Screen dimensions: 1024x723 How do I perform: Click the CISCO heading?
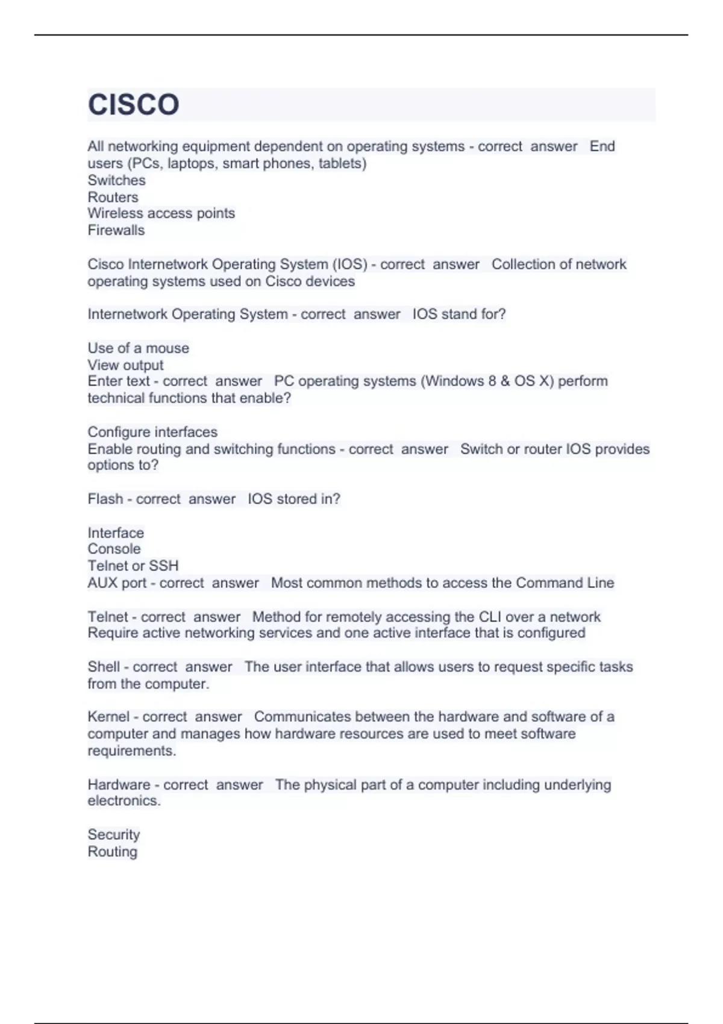[133, 105]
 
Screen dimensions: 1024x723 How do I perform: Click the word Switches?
[116, 180]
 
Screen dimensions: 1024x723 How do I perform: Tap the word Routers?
[113, 197]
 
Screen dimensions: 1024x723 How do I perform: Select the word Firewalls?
[116, 230]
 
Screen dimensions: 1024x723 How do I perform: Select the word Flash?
[105, 499]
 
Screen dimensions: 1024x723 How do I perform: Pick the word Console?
[114, 549]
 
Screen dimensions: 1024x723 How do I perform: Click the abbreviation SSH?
[164, 566]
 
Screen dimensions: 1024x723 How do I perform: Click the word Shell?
[104, 667]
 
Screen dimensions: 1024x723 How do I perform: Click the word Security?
[113, 835]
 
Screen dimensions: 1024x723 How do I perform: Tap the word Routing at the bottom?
[112, 852]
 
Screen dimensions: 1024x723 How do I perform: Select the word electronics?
[124, 801]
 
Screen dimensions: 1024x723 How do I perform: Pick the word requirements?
[131, 751]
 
